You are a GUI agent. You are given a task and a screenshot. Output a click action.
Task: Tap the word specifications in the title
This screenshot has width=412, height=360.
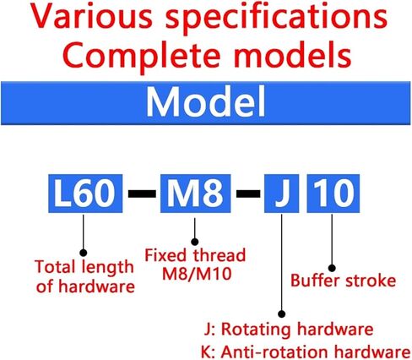coord(277,18)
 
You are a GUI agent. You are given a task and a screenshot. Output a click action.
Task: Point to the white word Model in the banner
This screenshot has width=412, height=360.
coord(206,102)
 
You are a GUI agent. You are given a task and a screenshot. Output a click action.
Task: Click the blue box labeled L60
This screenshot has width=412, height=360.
coord(85,194)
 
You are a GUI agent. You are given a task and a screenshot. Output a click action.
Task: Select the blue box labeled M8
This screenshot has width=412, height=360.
coord(195,194)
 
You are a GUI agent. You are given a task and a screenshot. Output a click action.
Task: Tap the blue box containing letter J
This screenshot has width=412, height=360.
coord(281,194)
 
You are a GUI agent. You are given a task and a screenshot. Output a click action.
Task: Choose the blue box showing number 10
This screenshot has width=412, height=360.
coord(333,194)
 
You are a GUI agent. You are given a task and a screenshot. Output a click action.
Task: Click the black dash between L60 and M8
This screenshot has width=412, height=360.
coord(142,194)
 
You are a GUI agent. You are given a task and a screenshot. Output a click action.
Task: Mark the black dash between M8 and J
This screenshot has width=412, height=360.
coord(248,194)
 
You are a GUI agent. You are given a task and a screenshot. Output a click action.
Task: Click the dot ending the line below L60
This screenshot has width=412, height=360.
coord(84,253)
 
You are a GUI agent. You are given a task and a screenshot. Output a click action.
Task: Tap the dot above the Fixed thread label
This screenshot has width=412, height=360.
coord(195,242)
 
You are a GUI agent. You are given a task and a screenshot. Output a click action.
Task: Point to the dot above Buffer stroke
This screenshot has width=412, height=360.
coord(332,268)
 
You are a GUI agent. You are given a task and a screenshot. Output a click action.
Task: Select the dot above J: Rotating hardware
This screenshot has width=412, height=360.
coord(282,314)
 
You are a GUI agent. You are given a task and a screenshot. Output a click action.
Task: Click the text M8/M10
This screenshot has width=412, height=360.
coord(197,274)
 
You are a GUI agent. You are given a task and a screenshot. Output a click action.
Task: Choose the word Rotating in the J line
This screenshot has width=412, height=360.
coord(256,330)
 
